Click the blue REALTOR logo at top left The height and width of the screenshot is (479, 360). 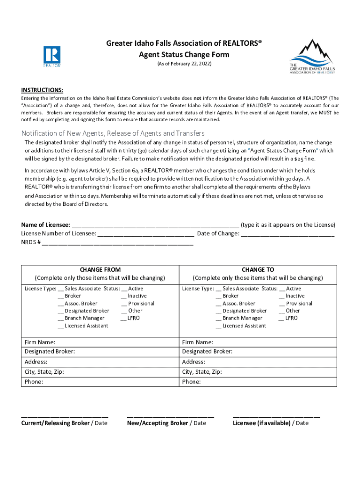tap(52, 57)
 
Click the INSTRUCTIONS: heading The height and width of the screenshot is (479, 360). tap(42, 90)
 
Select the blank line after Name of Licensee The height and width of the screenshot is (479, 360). tap(156, 225)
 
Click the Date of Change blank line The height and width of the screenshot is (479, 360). tap(288, 234)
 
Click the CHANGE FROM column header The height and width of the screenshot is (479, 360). tap(100, 270)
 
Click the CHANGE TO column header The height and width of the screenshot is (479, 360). tap(258, 270)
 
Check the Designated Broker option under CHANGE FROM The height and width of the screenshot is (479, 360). tap(61, 311)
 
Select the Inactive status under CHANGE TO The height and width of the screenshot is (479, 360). tap(282, 296)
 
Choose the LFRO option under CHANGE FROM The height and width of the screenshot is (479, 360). tap(124, 318)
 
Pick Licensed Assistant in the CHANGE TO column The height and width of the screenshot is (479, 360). tap(219, 326)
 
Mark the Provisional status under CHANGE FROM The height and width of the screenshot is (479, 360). tap(124, 304)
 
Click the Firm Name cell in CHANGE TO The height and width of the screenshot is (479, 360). tap(258, 342)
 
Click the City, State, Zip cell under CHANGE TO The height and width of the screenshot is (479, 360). tap(258, 372)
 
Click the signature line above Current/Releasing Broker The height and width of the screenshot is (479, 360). tap(65, 416)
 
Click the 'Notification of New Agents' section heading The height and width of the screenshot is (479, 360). tap(113, 133)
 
